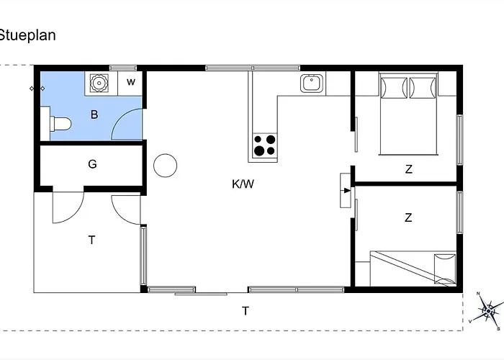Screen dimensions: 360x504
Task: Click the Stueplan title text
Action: pos(27,35)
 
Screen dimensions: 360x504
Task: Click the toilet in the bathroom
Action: pos(59,124)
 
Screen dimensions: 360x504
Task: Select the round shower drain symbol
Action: pos(97,83)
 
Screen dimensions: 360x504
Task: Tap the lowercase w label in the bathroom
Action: pos(131,82)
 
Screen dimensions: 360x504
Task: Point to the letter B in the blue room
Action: pos(94,114)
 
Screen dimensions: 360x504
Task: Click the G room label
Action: pos(92,164)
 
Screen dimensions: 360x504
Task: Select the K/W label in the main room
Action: pos(243,184)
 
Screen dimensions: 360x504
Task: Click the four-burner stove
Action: pos(264,145)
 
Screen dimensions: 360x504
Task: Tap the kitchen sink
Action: pos(311,84)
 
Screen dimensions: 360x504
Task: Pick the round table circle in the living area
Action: pos(166,166)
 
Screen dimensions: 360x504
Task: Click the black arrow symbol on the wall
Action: pos(346,191)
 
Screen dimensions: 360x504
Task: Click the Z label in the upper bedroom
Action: pos(408,170)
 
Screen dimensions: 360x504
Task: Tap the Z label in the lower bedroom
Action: pos(408,217)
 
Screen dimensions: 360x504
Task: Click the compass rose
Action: pos(490,311)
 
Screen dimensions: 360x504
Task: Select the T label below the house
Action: pos(246,311)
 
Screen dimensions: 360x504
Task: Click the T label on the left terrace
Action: pos(92,240)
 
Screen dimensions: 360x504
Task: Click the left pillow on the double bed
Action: pos(393,88)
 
